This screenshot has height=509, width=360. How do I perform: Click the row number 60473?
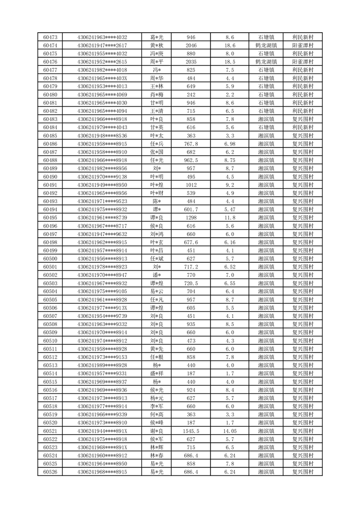[x=50, y=37]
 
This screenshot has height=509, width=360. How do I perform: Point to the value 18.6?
[x=230, y=45]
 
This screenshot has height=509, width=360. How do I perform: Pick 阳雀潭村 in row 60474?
[x=303, y=45]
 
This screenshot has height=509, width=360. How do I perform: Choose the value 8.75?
[x=230, y=160]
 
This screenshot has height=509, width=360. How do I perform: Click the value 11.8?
[x=230, y=218]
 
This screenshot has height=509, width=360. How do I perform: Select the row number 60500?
[x=50, y=259]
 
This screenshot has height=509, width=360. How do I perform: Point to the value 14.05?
[x=230, y=431]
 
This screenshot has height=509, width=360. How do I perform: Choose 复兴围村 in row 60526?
[x=303, y=472]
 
